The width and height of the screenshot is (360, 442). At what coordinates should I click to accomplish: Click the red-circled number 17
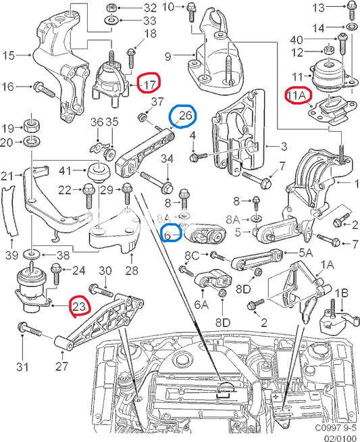[x=148, y=84]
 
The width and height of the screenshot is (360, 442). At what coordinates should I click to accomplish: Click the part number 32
[x=149, y=8]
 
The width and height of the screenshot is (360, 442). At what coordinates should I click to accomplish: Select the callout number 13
[x=336, y=7]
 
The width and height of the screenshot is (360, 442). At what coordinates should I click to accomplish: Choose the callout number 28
[x=131, y=270]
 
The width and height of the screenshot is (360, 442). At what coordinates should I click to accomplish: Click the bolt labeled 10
[x=190, y=9]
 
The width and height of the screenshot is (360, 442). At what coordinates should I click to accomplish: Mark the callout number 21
[x=7, y=177]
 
